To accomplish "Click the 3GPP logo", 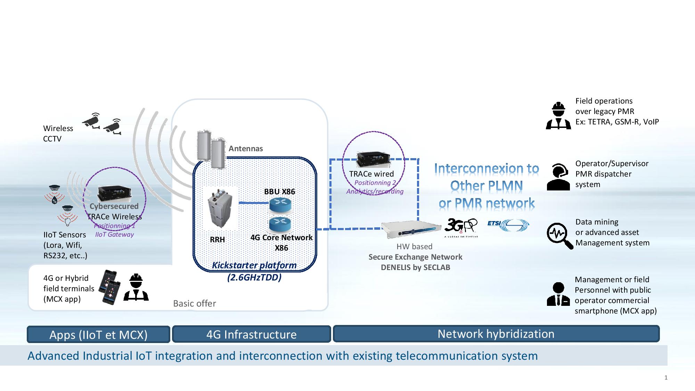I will click(x=461, y=227).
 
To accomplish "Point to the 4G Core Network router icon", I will click(x=280, y=224).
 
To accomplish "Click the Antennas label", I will click(x=246, y=148).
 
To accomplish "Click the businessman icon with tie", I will click(x=558, y=294).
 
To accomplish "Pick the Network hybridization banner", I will click(x=496, y=334).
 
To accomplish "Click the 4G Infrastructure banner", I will click(x=251, y=334).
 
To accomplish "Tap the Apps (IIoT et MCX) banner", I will click(x=98, y=334).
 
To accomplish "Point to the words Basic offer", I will click(x=195, y=303).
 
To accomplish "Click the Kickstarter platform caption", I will click(x=254, y=266).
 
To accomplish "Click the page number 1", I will click(x=666, y=377).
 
